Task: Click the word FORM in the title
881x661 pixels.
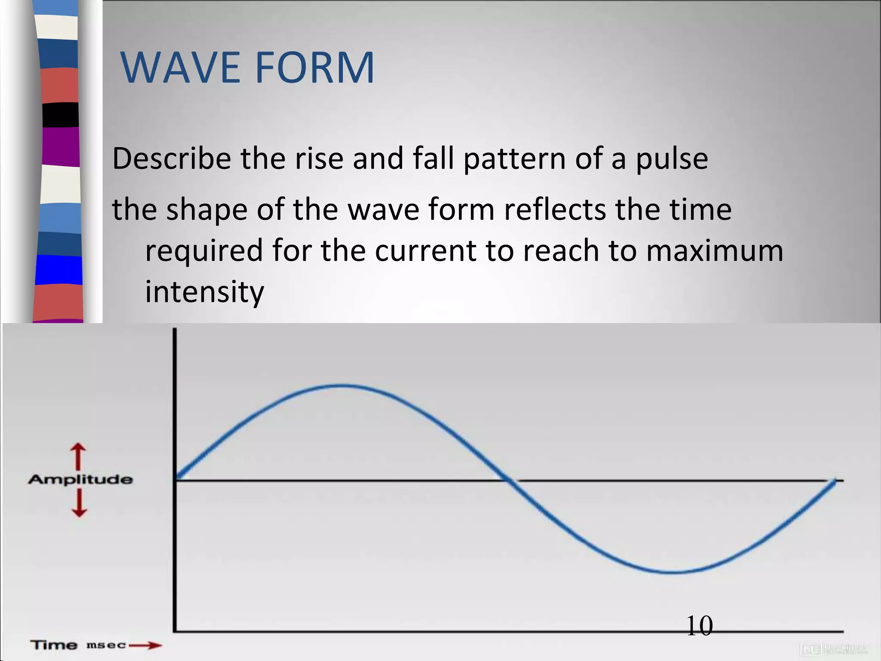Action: (x=315, y=68)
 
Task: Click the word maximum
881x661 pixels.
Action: (x=715, y=250)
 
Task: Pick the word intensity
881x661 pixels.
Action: (x=204, y=292)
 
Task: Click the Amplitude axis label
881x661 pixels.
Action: (x=80, y=479)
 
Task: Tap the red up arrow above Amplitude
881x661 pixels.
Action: (x=78, y=457)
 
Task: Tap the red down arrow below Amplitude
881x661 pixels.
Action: (x=79, y=503)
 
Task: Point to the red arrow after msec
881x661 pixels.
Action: (x=145, y=645)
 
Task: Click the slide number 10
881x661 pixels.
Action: (x=699, y=626)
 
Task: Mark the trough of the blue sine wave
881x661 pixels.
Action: (x=671, y=572)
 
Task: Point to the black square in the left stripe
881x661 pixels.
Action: (x=61, y=115)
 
